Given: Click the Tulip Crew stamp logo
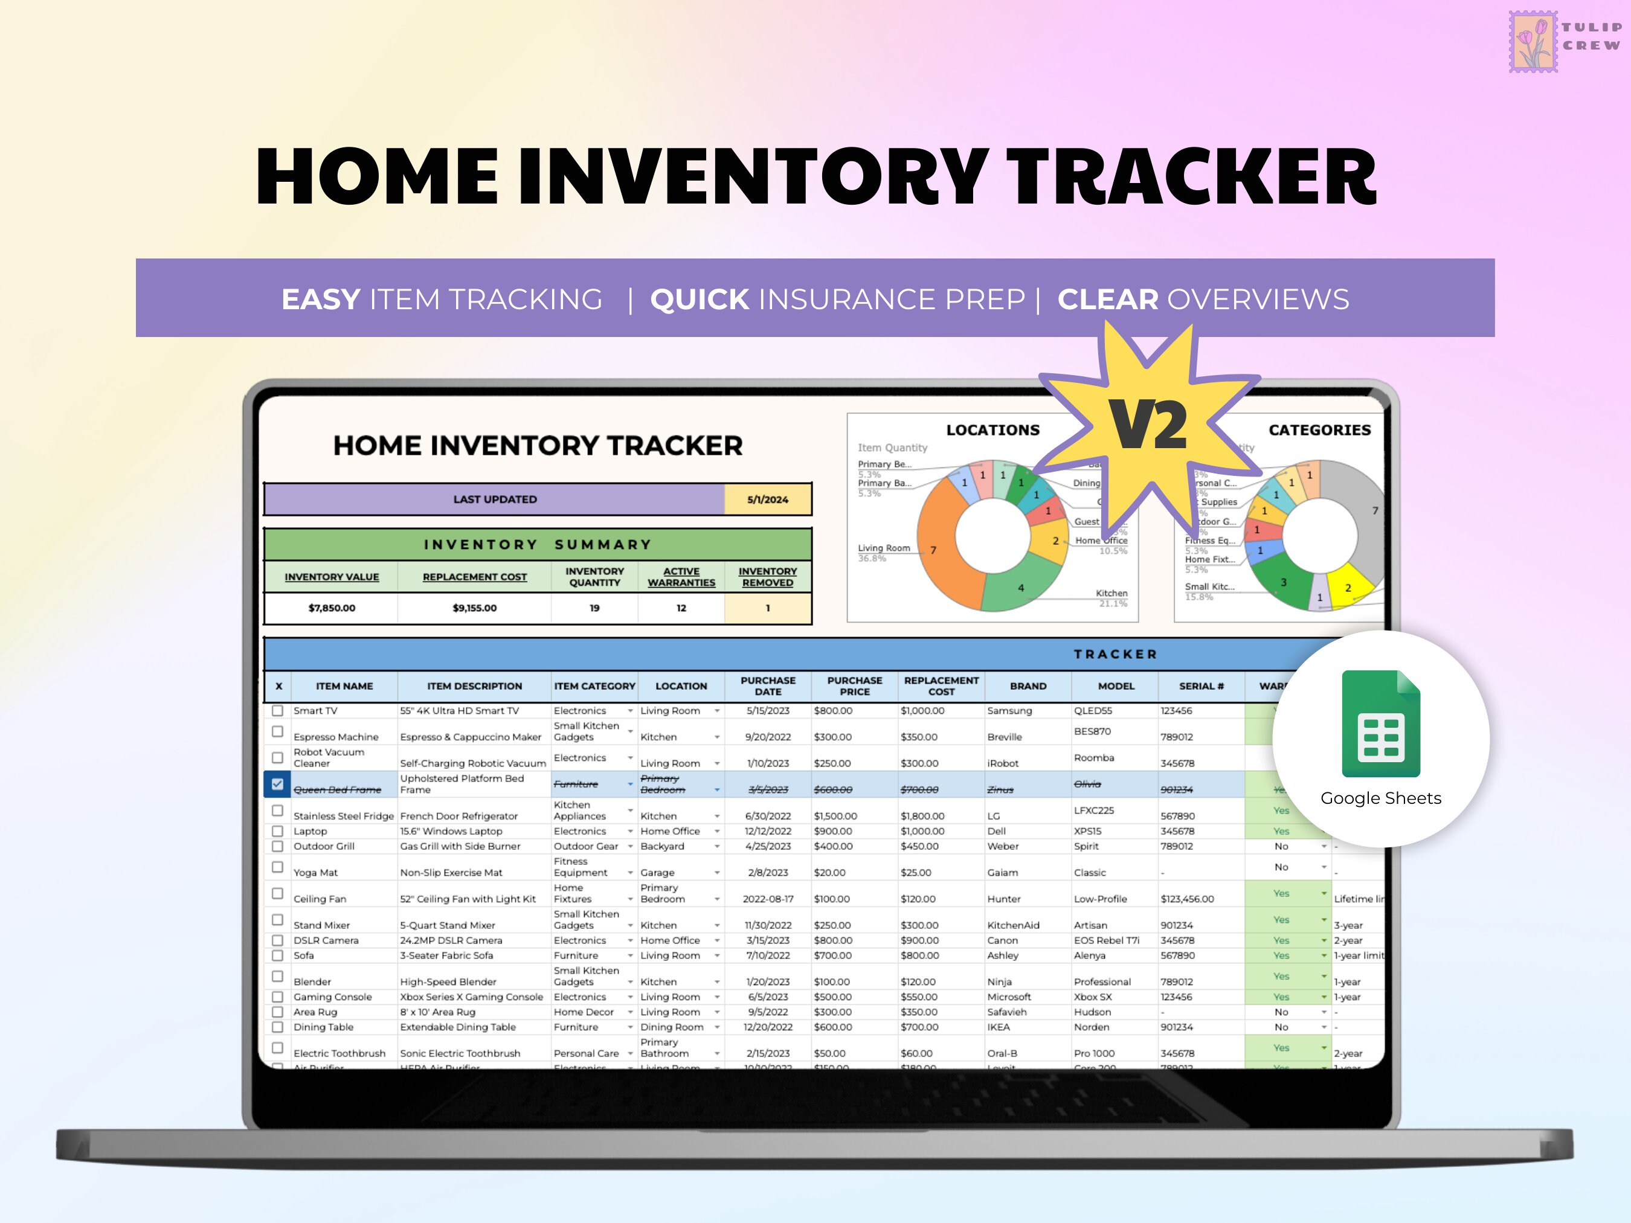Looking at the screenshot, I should pyautogui.click(x=1533, y=41).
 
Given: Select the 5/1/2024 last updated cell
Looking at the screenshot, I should pyautogui.click(x=768, y=499).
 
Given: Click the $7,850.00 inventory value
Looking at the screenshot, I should pyautogui.click(x=332, y=608).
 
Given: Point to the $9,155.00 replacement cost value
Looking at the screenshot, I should pyautogui.click(x=474, y=608).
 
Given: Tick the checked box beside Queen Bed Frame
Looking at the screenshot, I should pyautogui.click(x=277, y=785).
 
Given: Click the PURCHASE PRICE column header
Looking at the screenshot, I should pyautogui.click(x=855, y=685).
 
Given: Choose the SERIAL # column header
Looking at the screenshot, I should pyautogui.click(x=1200, y=685).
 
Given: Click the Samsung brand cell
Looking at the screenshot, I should pyautogui.click(x=1009, y=711).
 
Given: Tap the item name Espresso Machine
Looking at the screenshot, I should pyautogui.click(x=335, y=736).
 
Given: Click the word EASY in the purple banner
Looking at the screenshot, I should pyautogui.click(x=321, y=300).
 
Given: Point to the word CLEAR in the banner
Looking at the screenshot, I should pyautogui.click(x=1107, y=300).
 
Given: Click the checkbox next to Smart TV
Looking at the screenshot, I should pyautogui.click(x=277, y=711).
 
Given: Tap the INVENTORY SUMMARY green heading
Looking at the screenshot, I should pyautogui.click(x=538, y=544).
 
